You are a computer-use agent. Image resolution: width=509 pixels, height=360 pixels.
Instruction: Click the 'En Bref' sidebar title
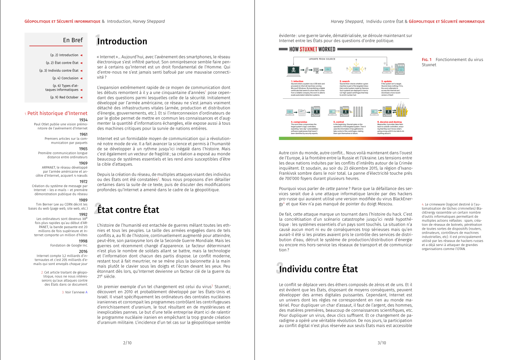(73, 40)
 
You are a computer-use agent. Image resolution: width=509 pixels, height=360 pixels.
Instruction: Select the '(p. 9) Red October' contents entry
(64, 97)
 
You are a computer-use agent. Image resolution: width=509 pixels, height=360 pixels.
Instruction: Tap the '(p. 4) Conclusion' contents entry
(65, 78)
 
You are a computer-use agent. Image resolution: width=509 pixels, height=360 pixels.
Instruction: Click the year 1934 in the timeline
(83, 120)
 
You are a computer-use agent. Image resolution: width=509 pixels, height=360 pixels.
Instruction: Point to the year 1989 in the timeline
(83, 200)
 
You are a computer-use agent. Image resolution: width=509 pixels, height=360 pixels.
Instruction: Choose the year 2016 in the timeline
(83, 252)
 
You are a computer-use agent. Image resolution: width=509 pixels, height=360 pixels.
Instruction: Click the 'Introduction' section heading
(122, 41)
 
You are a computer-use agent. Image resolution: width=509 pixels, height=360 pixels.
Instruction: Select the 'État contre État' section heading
(128, 210)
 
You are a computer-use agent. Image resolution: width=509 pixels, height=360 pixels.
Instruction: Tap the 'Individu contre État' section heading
(318, 269)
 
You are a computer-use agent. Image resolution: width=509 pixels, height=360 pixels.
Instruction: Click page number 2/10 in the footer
(127, 343)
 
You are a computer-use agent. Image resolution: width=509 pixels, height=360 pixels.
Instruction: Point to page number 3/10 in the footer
(382, 343)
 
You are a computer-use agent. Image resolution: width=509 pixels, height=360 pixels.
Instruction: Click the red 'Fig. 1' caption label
(426, 60)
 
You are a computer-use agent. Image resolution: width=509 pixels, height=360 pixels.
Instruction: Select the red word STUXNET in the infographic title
(308, 49)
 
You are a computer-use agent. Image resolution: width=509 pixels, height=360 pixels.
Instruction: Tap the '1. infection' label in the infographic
(297, 81)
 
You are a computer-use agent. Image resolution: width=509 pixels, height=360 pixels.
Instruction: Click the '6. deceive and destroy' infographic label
(389, 122)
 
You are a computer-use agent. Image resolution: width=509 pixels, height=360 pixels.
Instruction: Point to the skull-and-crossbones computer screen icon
(293, 70)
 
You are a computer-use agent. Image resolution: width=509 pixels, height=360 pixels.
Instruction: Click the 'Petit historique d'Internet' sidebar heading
(57, 113)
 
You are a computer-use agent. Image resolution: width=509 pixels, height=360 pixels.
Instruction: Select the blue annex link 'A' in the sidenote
(87, 292)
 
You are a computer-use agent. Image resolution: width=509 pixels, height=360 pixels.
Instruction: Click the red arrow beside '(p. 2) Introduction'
(81, 55)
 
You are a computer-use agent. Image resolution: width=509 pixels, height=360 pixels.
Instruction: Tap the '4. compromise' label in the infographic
(299, 122)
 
